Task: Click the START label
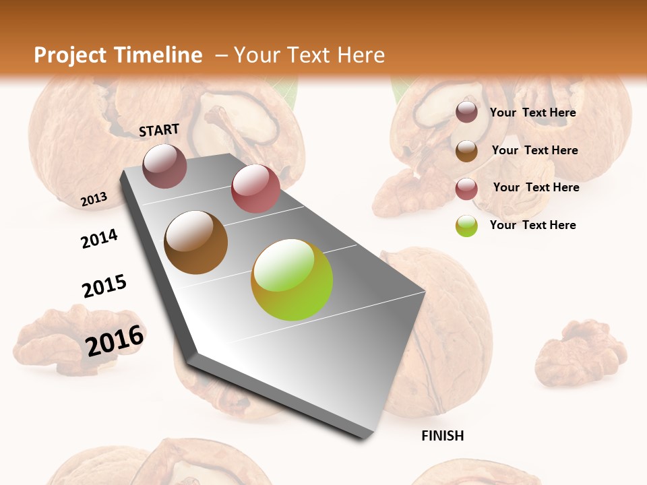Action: coord(159,130)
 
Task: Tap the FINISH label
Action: coord(443,436)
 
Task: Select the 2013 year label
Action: coord(94,199)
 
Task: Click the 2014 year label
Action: coord(99,238)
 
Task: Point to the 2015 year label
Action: coord(104,286)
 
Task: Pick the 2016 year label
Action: coord(115,340)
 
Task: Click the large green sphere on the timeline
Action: coord(292,280)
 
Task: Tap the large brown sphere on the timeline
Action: coord(196,243)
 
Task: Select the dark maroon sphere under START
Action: coord(164,166)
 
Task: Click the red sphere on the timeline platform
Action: coord(255,189)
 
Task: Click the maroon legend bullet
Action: coord(466,112)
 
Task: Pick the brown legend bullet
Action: coord(466,151)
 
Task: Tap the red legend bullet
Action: coord(466,189)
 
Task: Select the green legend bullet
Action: coord(466,226)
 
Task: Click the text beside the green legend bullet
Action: coord(532,225)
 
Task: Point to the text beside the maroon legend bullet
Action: coord(532,112)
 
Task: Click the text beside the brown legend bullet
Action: coord(534,150)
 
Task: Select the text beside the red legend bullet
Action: coord(536,187)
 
